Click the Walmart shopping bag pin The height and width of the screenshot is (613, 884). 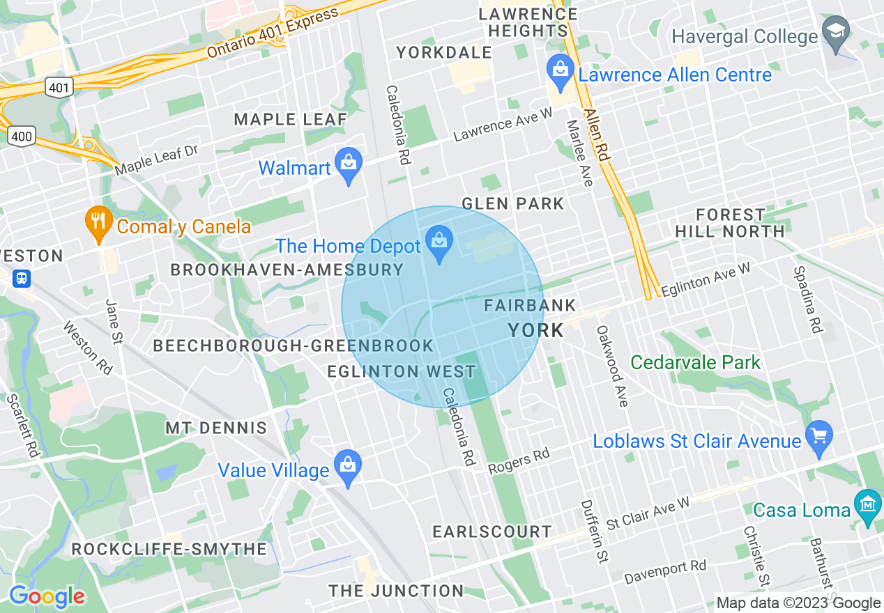[349, 164]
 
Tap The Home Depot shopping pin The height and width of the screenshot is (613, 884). [439, 242]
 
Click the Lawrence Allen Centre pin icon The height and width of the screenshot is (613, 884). [560, 70]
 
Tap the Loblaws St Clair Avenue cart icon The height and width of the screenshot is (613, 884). [818, 437]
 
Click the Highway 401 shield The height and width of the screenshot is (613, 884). [59, 87]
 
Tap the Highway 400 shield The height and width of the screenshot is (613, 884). [22, 136]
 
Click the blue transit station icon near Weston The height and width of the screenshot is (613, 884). [22, 279]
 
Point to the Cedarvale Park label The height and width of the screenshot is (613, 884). [695, 362]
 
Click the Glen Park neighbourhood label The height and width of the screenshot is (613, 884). [512, 203]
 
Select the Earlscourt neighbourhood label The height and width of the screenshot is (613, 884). [491, 531]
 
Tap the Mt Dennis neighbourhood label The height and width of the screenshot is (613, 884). [215, 428]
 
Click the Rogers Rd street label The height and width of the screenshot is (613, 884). [519, 460]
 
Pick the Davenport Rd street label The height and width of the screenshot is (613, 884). [665, 572]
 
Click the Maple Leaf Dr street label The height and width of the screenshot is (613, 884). [157, 160]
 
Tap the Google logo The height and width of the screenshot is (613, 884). [47, 596]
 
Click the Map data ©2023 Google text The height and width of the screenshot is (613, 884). [798, 603]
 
